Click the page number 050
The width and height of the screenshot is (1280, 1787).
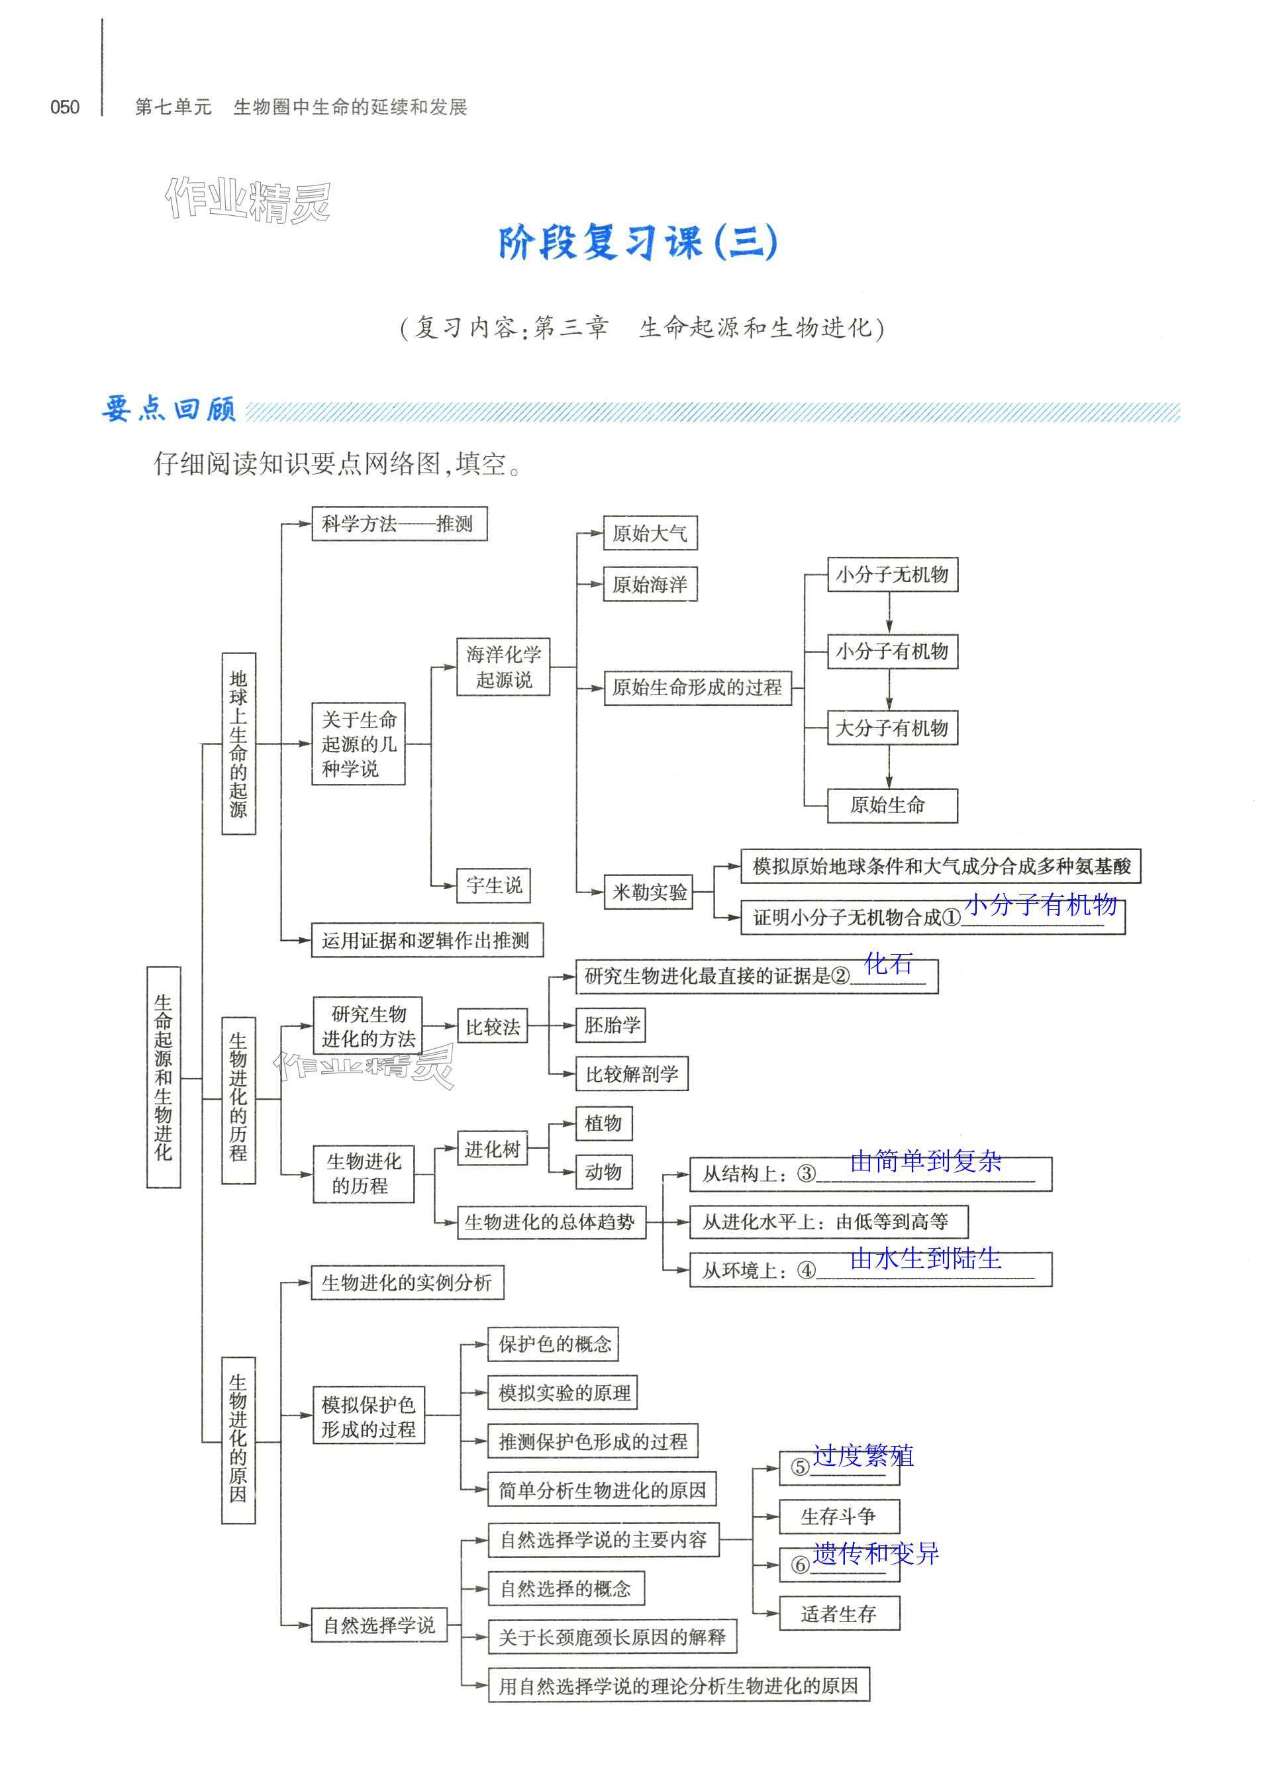pyautogui.click(x=65, y=107)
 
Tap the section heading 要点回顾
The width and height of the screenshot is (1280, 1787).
pyautogui.click(x=169, y=410)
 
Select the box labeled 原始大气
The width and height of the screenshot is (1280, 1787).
pyautogui.click(x=650, y=534)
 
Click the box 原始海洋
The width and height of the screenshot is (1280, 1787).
pyautogui.click(x=650, y=584)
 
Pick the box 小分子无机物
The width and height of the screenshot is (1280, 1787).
pyautogui.click(x=891, y=575)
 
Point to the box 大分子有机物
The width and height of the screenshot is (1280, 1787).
pyautogui.click(x=891, y=728)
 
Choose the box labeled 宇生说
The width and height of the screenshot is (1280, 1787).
pyautogui.click(x=493, y=885)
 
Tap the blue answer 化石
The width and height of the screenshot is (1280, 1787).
pyautogui.click(x=888, y=963)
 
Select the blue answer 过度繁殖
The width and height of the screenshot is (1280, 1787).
pyautogui.click(x=863, y=1455)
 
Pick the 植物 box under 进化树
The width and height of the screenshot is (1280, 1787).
pyautogui.click(x=603, y=1124)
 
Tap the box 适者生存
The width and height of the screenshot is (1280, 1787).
pyautogui.click(x=838, y=1614)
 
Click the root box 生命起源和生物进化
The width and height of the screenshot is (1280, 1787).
pyautogui.click(x=163, y=1077)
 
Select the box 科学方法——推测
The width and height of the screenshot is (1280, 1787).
pyautogui.click(x=399, y=524)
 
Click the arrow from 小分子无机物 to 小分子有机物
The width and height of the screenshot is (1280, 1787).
pyautogui.click(x=889, y=613)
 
